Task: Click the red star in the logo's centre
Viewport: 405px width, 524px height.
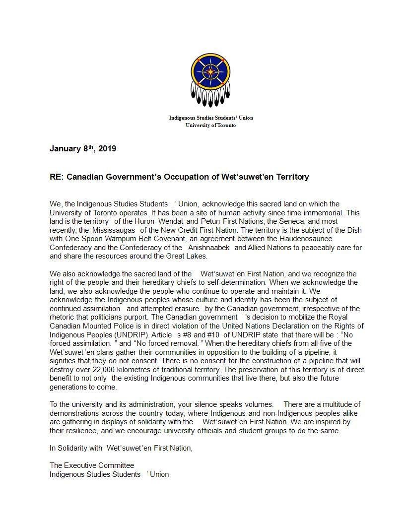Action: coord(211,71)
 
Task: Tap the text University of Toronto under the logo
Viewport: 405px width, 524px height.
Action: coord(210,125)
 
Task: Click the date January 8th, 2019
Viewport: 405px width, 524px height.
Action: coord(83,148)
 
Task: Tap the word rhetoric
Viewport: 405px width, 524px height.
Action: coord(63,317)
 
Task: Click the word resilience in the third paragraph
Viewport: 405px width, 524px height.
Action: coord(77,431)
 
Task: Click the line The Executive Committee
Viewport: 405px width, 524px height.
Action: coord(92,465)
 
